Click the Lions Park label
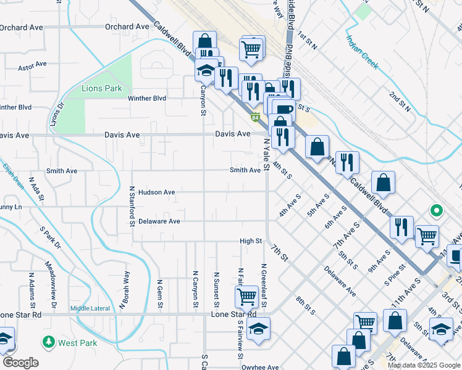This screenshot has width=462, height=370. point(102,88)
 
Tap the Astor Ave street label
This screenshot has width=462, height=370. point(33,65)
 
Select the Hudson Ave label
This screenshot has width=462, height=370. point(156,192)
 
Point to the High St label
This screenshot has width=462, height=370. point(251,241)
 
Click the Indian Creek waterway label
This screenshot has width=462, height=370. point(362,52)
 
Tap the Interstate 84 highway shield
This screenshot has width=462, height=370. point(254,117)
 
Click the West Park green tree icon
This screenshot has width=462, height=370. point(48,341)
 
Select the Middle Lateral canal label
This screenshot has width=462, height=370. point(90,308)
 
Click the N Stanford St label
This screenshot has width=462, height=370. point(132,205)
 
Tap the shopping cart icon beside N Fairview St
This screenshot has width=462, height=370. point(246,297)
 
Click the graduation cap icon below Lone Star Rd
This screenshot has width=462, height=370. point(259,328)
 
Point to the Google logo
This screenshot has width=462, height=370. point(20,363)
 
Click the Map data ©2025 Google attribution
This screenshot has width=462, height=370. point(423,365)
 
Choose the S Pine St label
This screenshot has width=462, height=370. point(393,275)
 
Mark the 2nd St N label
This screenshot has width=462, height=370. point(400,102)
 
